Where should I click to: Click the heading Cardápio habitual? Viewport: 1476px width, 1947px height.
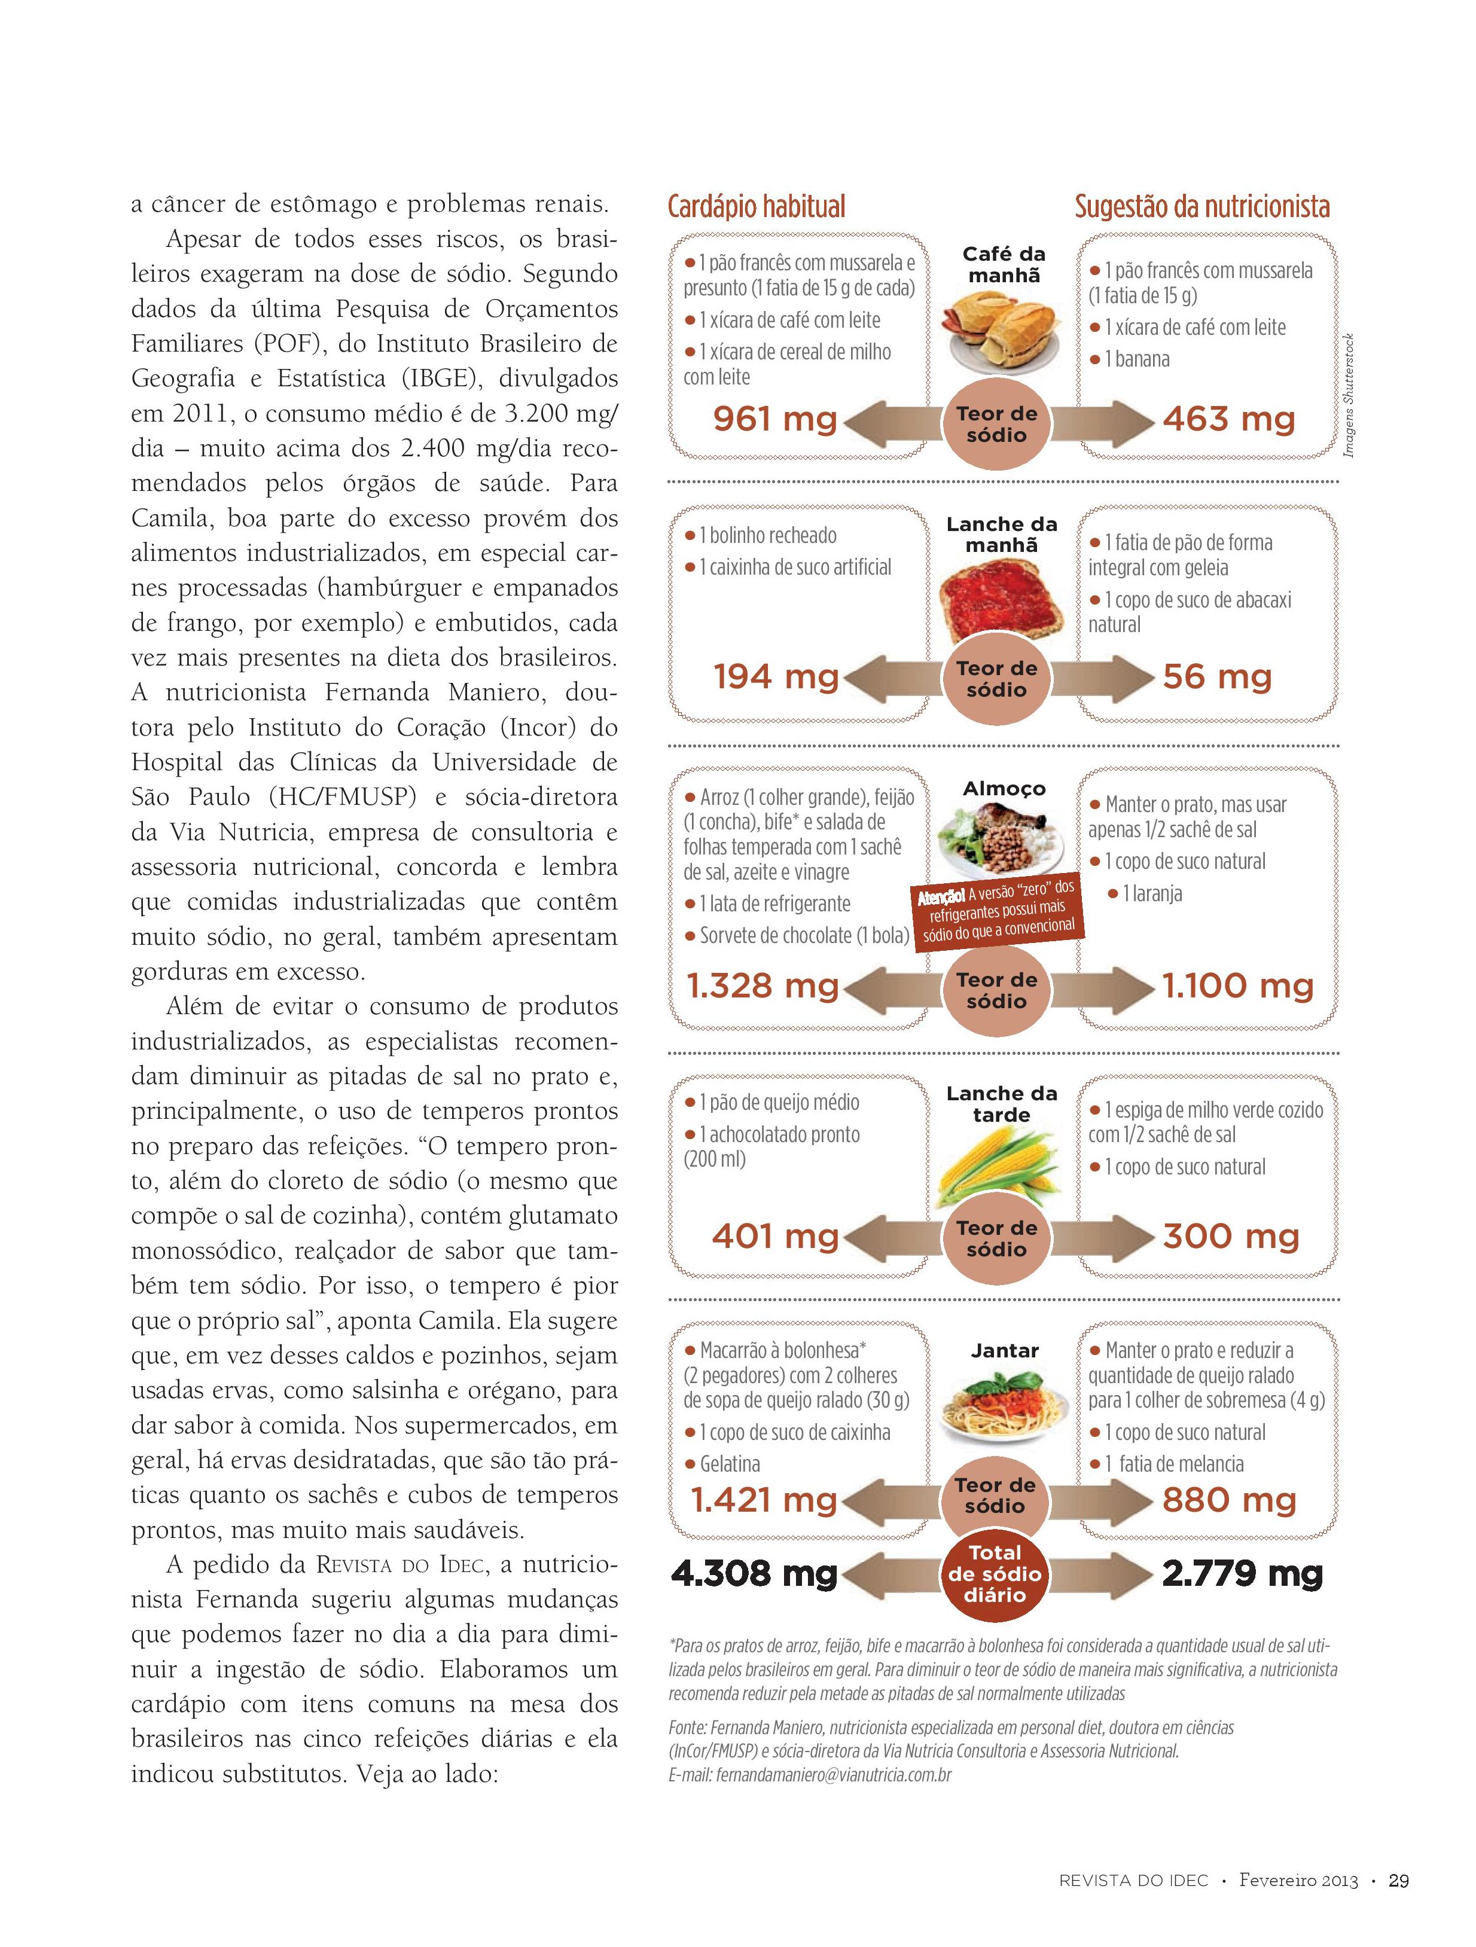pos(756,207)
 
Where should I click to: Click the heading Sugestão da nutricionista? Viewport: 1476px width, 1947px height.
pos(1201,207)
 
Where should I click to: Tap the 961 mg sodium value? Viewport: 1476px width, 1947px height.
pos(774,419)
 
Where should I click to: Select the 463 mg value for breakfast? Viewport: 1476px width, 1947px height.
pos(1228,419)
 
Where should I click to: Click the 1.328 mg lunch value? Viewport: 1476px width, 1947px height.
pos(762,986)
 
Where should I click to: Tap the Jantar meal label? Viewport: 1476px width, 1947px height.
pos(1004,1351)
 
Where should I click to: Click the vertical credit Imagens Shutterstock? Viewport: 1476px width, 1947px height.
pos(1349,395)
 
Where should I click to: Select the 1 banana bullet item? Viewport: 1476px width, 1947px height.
pos(1136,359)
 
